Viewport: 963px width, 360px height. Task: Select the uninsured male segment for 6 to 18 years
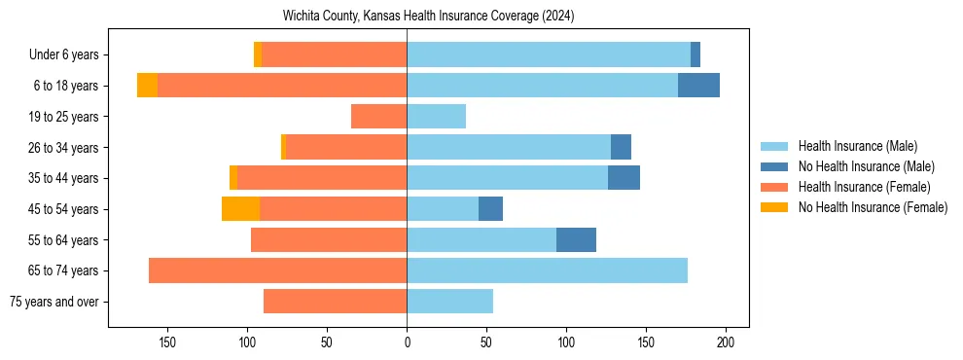[698, 86]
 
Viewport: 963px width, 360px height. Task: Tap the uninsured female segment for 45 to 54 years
[240, 209]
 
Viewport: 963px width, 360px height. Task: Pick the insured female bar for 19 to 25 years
[378, 117]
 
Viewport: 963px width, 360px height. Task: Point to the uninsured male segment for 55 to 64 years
[576, 239]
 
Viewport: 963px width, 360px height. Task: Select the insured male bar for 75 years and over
[449, 302]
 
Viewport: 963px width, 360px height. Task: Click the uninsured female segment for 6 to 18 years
[147, 86]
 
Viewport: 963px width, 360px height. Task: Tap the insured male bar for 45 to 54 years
[443, 209]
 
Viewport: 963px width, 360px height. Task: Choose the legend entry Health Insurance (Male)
[857, 146]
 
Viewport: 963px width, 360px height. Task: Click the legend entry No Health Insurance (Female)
[873, 207]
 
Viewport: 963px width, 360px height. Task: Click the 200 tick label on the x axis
[725, 342]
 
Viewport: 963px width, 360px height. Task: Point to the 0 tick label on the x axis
[407, 342]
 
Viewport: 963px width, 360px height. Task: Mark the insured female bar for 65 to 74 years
[277, 270]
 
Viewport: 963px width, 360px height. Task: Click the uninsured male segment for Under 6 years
[695, 55]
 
